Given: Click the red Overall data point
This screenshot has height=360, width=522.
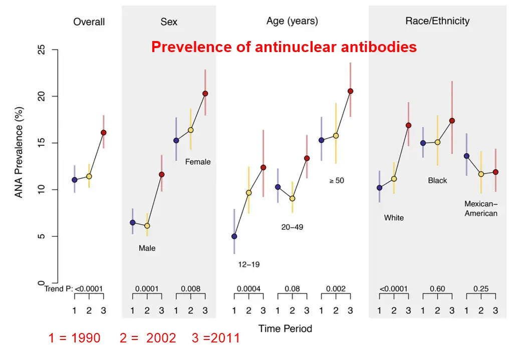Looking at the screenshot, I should point(104,133).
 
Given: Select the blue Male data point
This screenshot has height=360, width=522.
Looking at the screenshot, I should point(133,222).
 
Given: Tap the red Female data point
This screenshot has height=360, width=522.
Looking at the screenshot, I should point(205,94).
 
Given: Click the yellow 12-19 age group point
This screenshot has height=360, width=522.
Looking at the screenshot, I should point(248,193).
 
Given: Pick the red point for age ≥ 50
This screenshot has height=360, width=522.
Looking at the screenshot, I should point(350,91).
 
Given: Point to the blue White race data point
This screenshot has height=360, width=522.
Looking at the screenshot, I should point(379,188).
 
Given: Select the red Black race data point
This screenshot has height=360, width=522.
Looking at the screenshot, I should point(452,121).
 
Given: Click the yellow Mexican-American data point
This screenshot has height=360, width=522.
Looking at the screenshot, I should point(481,174).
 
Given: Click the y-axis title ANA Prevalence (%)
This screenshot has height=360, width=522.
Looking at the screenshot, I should point(19,152).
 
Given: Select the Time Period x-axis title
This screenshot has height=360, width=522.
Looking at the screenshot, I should point(285,329).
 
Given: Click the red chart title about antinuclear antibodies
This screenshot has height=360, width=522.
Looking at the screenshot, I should point(284,47).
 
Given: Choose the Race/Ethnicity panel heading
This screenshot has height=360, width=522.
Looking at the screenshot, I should point(437,21).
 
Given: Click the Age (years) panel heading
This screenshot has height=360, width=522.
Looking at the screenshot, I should point(292,21).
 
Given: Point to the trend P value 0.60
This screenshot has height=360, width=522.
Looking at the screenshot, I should point(437,289).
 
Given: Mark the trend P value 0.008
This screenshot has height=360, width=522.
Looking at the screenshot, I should point(190,289).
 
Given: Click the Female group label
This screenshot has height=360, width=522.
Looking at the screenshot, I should point(198,162).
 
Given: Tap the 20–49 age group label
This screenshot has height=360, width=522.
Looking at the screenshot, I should point(292,227).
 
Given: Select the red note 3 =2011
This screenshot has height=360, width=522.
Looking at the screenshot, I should point(215,338).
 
